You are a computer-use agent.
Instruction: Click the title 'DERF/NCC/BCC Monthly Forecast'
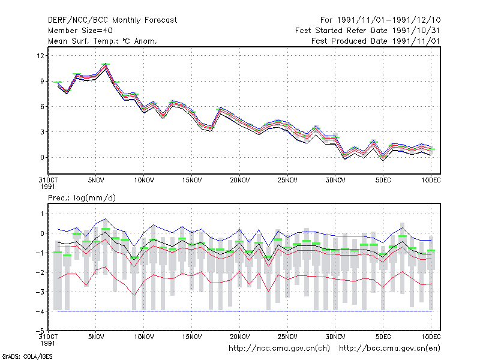click(112, 20)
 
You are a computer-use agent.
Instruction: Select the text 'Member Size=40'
click(80, 31)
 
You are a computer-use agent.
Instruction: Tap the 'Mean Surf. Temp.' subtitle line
click(102, 41)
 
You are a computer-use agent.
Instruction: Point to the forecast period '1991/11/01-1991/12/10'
click(389, 20)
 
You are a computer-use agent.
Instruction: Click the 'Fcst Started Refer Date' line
click(368, 31)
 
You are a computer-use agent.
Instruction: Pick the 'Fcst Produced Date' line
click(376, 41)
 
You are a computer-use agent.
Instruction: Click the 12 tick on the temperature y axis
click(40, 56)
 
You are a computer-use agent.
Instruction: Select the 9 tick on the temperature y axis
click(42, 81)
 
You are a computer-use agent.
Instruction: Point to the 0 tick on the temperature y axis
click(42, 157)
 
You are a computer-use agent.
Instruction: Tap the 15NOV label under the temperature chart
click(192, 181)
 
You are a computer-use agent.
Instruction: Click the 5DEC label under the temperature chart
click(383, 181)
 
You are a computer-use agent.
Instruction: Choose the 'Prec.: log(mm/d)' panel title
click(82, 198)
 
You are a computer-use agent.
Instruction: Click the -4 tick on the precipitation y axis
click(40, 311)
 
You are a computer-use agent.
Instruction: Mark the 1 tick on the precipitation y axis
click(42, 214)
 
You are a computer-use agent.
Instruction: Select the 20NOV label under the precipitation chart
click(239, 337)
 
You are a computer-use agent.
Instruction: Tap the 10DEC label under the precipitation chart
click(431, 337)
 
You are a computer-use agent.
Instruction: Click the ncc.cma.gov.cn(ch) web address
click(280, 349)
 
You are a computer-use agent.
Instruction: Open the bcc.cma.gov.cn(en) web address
click(389, 349)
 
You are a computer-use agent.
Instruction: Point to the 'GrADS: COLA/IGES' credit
click(27, 356)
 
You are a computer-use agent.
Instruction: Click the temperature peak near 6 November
click(106, 64)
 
